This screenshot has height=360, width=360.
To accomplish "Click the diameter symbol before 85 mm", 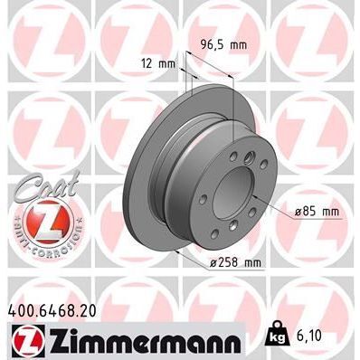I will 299,213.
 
